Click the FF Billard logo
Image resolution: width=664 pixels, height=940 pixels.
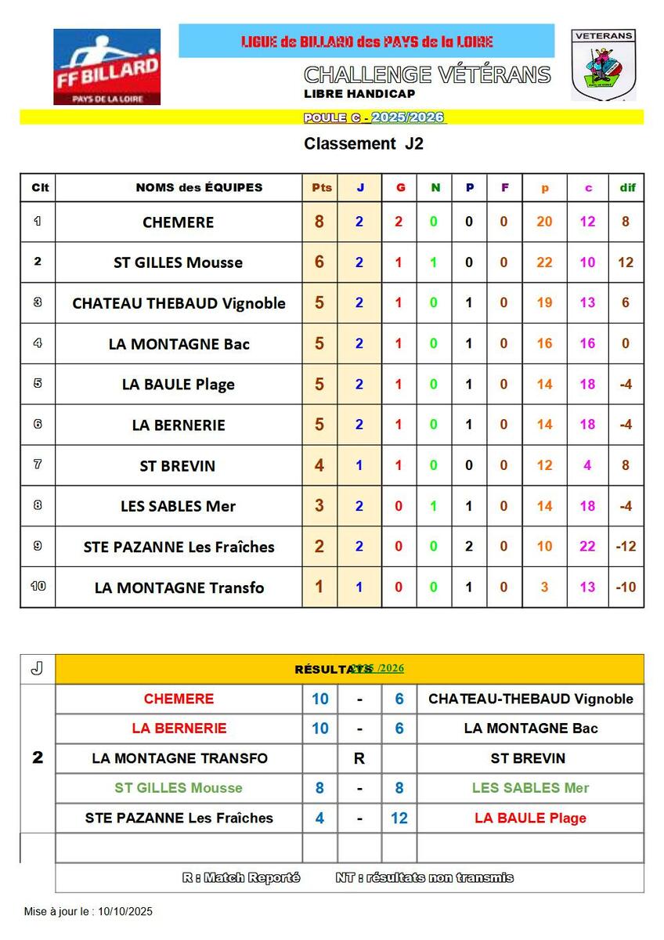pos(106,67)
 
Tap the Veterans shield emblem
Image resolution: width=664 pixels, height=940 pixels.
pos(602,65)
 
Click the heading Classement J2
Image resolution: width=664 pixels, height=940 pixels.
pos(363,144)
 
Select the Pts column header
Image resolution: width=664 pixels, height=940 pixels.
pos(321,187)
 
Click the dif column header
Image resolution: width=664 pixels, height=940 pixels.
pos(627,187)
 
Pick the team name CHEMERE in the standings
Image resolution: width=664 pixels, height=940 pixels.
pos(179,222)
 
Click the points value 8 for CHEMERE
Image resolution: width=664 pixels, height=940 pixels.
pos(319,222)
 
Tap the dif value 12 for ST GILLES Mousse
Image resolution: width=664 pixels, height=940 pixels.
pos(626,262)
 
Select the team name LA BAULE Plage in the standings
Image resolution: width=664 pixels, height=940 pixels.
pos(179,385)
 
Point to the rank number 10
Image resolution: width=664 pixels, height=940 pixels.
pos(38,587)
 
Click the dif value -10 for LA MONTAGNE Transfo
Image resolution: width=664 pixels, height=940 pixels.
pos(626,587)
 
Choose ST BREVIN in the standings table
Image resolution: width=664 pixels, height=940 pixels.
pos(178,466)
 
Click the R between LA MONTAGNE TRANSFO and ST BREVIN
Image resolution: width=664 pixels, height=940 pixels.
pos(359,758)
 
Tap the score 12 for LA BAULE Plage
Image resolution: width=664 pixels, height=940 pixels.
pos(399,819)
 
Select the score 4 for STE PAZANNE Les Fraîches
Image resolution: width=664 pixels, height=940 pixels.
pos(320,819)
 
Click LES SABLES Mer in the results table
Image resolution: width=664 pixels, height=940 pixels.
pos(530,788)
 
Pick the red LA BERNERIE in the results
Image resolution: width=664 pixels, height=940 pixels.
pos(179,728)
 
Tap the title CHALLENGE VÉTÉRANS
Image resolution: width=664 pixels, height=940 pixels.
pos(427,75)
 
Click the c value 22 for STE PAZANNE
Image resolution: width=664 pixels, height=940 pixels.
pos(587,547)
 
